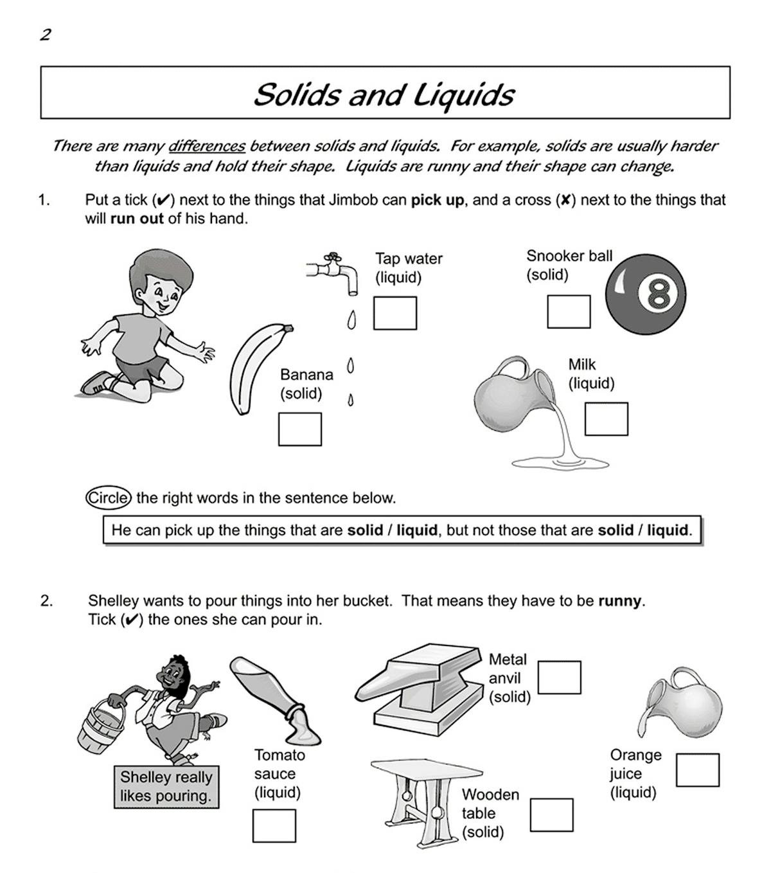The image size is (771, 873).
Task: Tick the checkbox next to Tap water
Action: pyautogui.click(x=395, y=313)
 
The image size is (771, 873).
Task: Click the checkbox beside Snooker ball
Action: pyautogui.click(x=569, y=312)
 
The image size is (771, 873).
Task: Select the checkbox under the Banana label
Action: pyautogui.click(x=299, y=429)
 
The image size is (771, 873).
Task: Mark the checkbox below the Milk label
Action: pyautogui.click(x=606, y=419)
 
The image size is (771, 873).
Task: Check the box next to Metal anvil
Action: pyautogui.click(x=559, y=677)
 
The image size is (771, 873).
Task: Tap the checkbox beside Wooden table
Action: pyautogui.click(x=551, y=815)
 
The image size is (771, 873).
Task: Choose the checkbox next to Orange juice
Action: pyautogui.click(x=697, y=770)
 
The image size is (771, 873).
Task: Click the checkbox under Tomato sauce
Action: pyautogui.click(x=274, y=825)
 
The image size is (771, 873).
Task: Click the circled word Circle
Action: pyautogui.click(x=109, y=498)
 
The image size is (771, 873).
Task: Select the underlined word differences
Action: pyautogui.click(x=206, y=146)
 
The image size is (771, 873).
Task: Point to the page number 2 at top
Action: pyautogui.click(x=45, y=35)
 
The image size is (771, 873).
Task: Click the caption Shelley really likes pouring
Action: pyautogui.click(x=166, y=786)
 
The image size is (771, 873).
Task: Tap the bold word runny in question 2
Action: pyautogui.click(x=619, y=601)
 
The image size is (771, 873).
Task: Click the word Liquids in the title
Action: pyautogui.click(x=463, y=94)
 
